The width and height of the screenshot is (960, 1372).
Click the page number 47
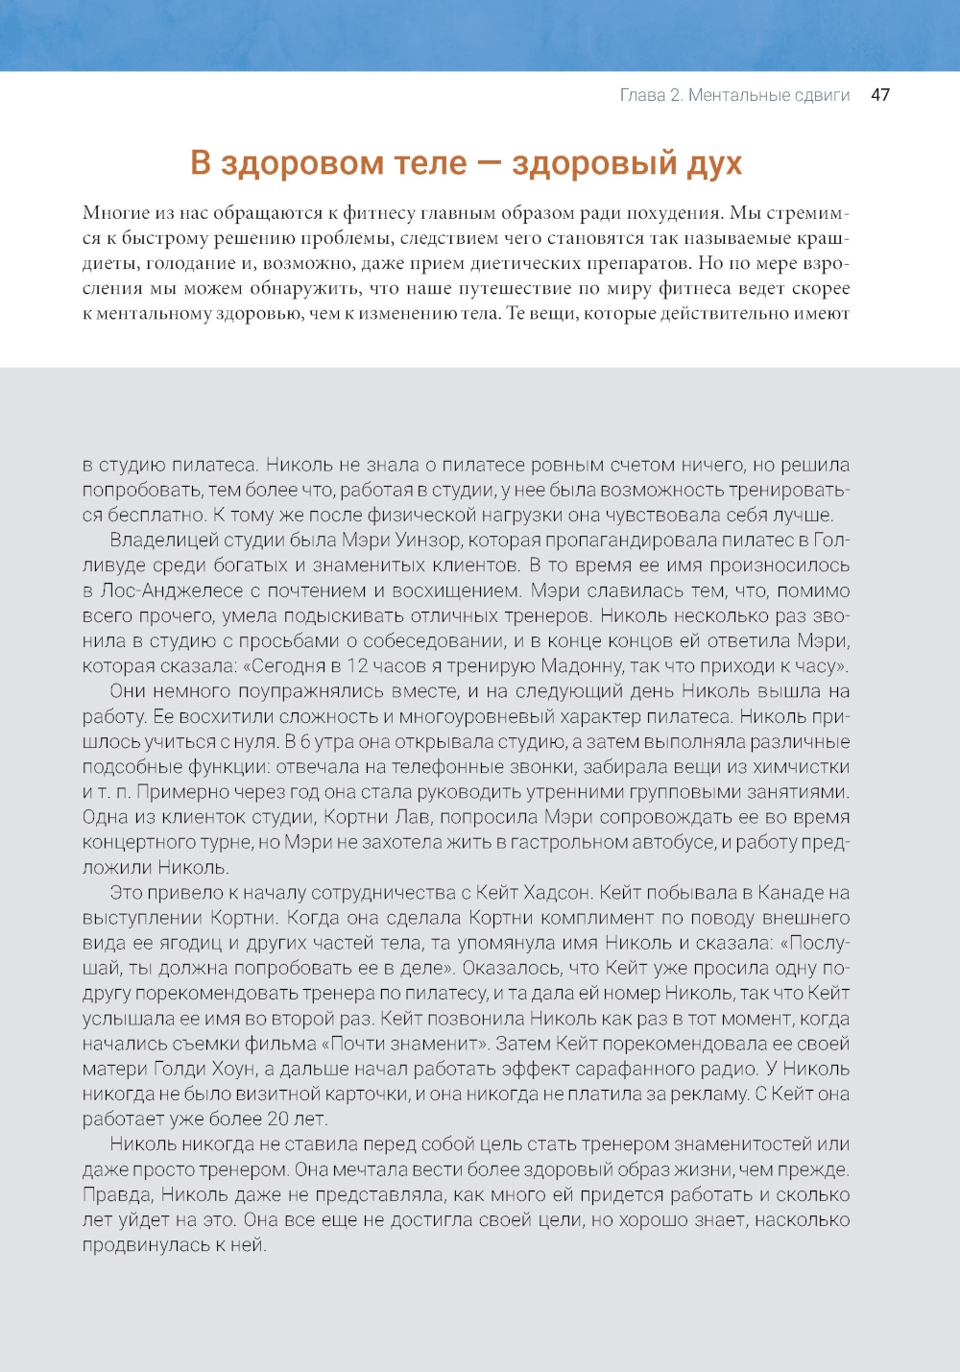(x=879, y=95)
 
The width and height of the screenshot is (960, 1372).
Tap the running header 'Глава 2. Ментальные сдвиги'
(x=734, y=95)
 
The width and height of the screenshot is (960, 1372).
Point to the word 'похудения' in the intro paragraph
(x=673, y=213)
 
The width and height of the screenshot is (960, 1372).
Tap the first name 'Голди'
(x=180, y=1069)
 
